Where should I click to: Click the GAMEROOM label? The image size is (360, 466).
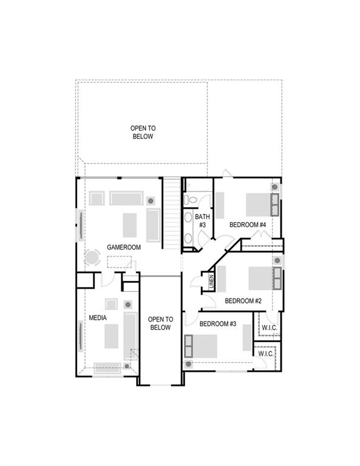click(124, 248)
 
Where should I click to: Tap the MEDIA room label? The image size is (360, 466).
click(98, 317)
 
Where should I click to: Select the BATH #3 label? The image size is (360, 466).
click(202, 221)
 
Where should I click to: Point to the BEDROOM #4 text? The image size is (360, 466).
click(248, 225)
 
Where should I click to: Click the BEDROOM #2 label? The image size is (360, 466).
click(243, 301)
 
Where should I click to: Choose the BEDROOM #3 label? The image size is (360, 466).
click(217, 324)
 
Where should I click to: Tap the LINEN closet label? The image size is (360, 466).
click(211, 282)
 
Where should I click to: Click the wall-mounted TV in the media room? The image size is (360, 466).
click(80, 336)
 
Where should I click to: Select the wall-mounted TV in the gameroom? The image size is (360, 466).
click(79, 225)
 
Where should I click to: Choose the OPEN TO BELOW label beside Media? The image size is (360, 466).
click(160, 323)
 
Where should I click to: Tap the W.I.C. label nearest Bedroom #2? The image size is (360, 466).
click(269, 328)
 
